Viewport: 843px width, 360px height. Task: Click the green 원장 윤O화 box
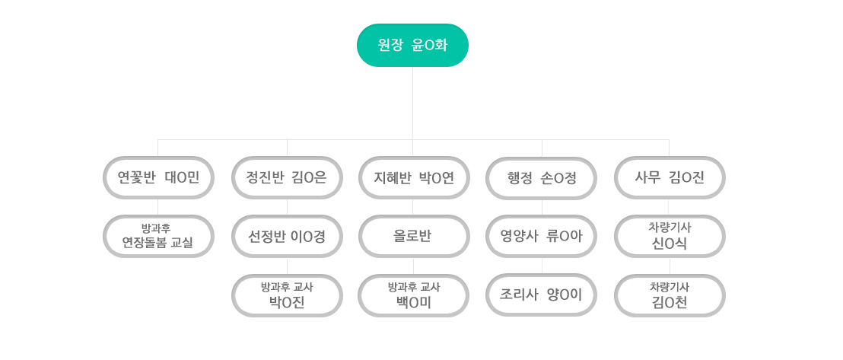tap(412, 45)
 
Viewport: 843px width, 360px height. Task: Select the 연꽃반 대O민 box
tap(158, 177)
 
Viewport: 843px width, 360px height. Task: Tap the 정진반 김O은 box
tap(287, 177)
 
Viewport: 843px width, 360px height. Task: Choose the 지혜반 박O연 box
tap(414, 177)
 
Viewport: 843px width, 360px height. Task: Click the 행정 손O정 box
tap(542, 178)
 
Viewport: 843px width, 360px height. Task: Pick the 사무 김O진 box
tap(670, 177)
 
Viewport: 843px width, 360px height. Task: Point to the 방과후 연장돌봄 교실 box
tap(158, 236)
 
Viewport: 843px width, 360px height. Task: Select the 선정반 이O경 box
tap(287, 236)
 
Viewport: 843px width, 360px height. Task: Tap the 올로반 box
tap(414, 236)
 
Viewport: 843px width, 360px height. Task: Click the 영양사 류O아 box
tap(542, 236)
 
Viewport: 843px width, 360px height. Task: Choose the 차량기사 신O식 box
tap(670, 236)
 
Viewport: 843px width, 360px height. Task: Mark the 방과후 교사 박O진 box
tap(287, 295)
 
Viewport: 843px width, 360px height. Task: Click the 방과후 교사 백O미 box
tap(414, 295)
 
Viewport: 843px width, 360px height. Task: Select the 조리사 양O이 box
tap(542, 295)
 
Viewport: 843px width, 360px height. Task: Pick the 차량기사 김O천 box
tap(670, 295)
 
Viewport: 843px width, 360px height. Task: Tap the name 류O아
tap(564, 236)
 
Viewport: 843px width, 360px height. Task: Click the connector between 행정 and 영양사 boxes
tap(542, 207)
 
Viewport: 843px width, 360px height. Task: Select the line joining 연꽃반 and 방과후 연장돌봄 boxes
tap(158, 207)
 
